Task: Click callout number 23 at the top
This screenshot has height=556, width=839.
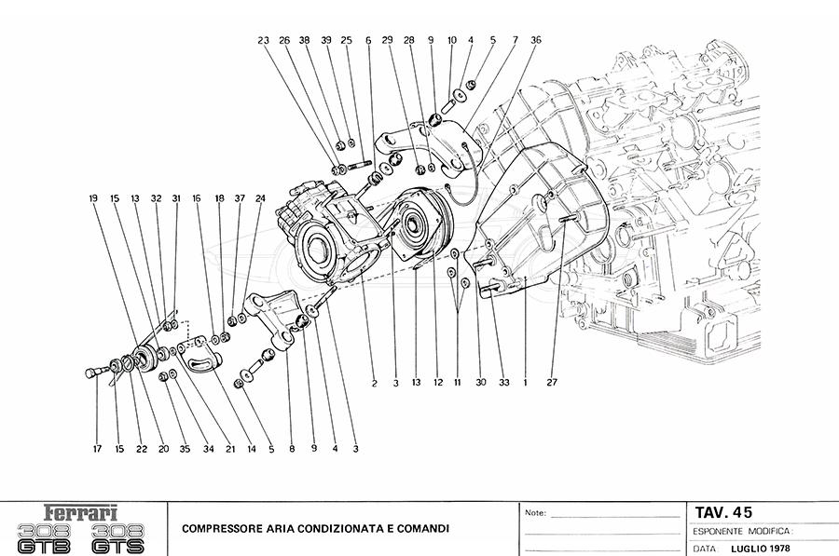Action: click(x=263, y=40)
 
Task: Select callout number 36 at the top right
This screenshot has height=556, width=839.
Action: click(x=535, y=40)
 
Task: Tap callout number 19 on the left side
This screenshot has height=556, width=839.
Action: click(x=93, y=198)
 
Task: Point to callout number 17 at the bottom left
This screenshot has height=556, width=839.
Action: click(x=97, y=450)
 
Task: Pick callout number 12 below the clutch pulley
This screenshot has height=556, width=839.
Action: click(x=435, y=382)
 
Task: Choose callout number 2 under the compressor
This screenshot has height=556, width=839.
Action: click(x=374, y=382)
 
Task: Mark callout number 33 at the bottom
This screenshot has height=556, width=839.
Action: click(x=503, y=382)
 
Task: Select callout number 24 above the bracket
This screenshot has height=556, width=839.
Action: click(x=260, y=198)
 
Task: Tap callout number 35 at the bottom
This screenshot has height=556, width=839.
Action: click(x=185, y=450)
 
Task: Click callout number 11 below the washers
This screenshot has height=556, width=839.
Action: click(x=458, y=382)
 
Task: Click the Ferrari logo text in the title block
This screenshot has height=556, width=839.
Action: click(x=82, y=511)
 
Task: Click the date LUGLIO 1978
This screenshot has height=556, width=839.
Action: click(x=762, y=549)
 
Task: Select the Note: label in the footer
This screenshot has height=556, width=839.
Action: click(x=536, y=513)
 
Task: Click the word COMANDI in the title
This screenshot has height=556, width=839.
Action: click(x=421, y=529)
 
